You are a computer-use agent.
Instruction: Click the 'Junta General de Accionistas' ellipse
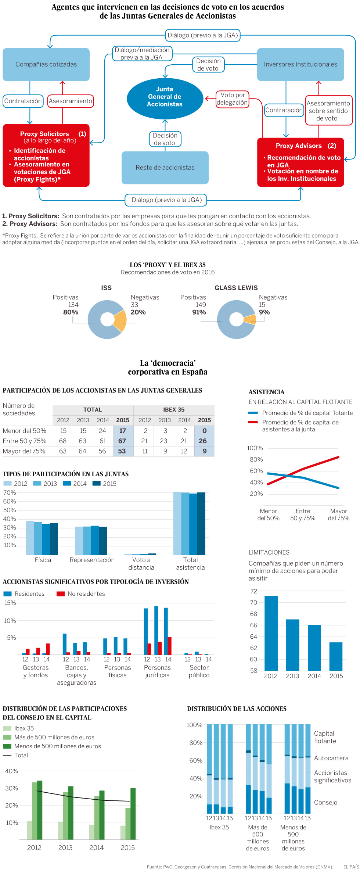pyautogui.click(x=165, y=97)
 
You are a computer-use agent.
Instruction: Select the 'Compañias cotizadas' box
pyautogui.click(x=46, y=64)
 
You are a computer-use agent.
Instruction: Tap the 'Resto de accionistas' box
pyautogui.click(x=165, y=168)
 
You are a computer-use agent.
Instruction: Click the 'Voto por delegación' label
pyautogui.click(x=232, y=99)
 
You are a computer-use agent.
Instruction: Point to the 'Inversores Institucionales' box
pyautogui.click(x=300, y=64)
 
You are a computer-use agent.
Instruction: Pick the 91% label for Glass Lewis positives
pyautogui.click(x=199, y=312)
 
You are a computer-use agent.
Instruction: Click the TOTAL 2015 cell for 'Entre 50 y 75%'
pyautogui.click(x=122, y=441)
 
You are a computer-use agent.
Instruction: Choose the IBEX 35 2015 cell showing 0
pyautogui.click(x=204, y=431)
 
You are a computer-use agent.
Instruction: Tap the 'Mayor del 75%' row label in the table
pyautogui.click(x=24, y=451)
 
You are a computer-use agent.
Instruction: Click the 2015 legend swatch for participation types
pyautogui.click(x=96, y=484)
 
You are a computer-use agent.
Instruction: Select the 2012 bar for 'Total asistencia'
pyautogui.click(x=177, y=523)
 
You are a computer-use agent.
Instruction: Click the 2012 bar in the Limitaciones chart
pyautogui.click(x=271, y=633)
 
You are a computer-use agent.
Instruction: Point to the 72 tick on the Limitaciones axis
pyautogui.click(x=253, y=591)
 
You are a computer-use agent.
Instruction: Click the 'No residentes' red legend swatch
pyautogui.click(x=61, y=594)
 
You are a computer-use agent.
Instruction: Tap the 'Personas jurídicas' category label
pyautogui.click(x=157, y=671)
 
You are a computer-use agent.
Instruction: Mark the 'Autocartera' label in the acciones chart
pyautogui.click(x=331, y=758)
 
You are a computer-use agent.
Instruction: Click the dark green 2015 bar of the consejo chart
pyautogui.click(x=133, y=814)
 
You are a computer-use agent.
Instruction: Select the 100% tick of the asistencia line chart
pyautogui.click(x=255, y=448)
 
